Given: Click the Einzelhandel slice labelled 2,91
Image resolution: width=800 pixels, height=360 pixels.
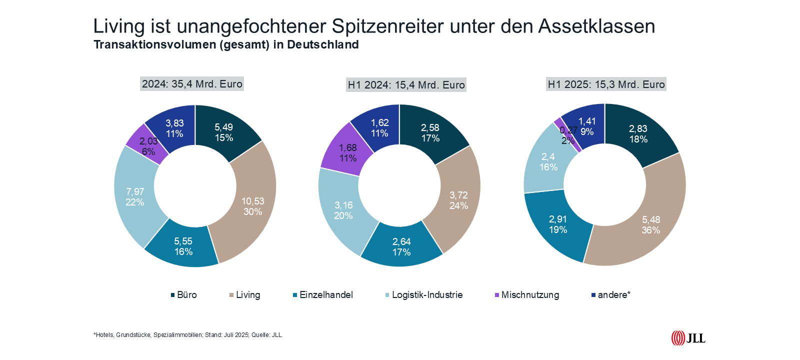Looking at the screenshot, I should [x=557, y=224].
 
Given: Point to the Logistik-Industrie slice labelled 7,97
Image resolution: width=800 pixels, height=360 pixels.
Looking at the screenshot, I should [x=134, y=197].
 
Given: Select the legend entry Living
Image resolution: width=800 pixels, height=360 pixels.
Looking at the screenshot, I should [x=247, y=295].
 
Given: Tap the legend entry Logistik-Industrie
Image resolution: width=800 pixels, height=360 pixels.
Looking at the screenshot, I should [x=427, y=295].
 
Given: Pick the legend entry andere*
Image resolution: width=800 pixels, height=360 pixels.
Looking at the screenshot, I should [x=613, y=295].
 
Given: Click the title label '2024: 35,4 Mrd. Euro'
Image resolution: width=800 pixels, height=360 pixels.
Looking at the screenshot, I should [x=192, y=84].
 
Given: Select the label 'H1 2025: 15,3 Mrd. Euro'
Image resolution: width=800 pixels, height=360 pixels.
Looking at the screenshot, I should [x=606, y=84].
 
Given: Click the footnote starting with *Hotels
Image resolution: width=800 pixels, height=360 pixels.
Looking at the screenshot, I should [x=187, y=335].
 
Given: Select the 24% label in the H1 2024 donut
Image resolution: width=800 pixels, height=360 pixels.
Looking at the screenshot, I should [x=458, y=205].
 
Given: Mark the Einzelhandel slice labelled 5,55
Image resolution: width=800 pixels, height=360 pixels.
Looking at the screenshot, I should [x=183, y=246].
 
